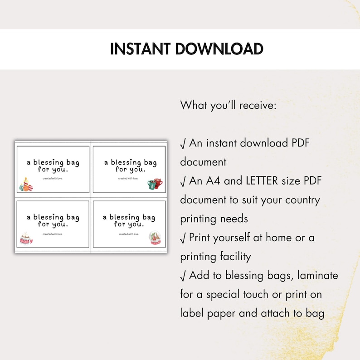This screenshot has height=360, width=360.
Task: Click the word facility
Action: [228, 257]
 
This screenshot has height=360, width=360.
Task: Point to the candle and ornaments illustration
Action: [26, 185]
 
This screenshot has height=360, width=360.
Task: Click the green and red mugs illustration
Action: [155, 184]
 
